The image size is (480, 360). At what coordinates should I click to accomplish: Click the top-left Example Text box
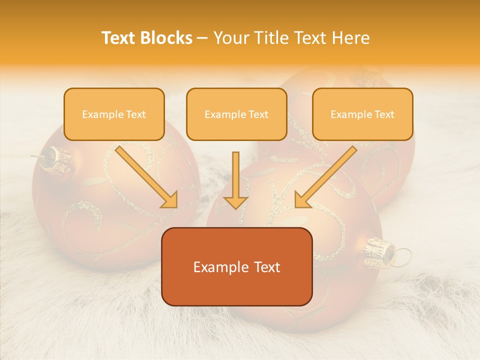point(114,114)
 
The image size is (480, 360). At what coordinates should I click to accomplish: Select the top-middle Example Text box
point(236,114)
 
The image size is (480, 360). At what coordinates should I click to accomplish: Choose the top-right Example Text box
point(362,114)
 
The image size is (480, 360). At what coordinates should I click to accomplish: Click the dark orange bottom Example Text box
point(237,266)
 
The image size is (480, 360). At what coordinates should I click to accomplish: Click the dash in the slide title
point(202,38)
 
